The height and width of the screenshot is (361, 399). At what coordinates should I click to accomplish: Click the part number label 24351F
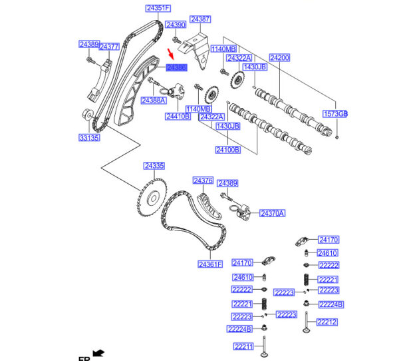click(158, 9)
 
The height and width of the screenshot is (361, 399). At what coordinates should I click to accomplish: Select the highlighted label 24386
click(178, 67)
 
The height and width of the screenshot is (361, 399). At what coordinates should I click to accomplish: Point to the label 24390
click(176, 25)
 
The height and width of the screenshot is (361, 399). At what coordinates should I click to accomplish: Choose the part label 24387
click(199, 19)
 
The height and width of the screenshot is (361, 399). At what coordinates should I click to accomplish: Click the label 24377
click(109, 47)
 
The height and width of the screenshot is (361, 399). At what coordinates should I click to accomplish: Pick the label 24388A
click(153, 100)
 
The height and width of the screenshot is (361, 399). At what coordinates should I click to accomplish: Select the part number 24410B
click(178, 117)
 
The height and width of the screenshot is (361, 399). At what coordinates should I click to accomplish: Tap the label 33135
click(88, 138)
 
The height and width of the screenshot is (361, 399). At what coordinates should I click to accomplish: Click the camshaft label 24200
click(279, 58)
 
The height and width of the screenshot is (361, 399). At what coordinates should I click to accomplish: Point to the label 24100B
click(227, 150)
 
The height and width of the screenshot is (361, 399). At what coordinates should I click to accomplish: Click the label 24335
click(154, 165)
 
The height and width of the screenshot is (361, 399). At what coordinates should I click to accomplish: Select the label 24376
click(203, 180)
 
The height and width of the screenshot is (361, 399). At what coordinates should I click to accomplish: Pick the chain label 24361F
click(209, 264)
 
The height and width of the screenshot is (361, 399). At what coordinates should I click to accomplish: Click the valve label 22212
click(327, 322)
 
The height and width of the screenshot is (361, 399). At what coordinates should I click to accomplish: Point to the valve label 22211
click(243, 346)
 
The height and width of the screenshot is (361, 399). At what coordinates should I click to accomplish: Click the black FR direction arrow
click(99, 352)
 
